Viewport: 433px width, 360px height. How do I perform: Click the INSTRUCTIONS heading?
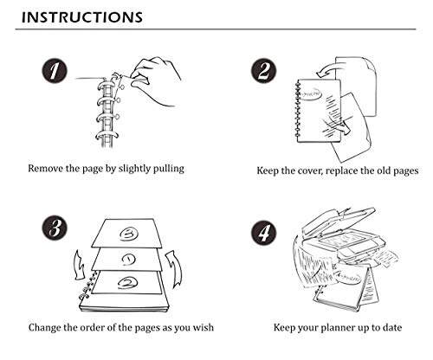click(x=82, y=17)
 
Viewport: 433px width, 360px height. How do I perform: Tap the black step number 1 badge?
click(x=55, y=71)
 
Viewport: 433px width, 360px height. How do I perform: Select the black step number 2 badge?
click(x=263, y=71)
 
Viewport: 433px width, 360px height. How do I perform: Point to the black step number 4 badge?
click(x=263, y=232)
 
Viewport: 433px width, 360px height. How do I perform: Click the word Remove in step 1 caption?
click(x=45, y=168)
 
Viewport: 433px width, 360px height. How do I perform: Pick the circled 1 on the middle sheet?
click(x=128, y=260)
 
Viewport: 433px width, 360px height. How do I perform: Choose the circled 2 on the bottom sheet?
click(x=127, y=283)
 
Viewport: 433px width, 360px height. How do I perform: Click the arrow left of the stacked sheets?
click(x=79, y=265)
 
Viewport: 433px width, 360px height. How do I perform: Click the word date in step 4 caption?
click(x=391, y=328)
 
